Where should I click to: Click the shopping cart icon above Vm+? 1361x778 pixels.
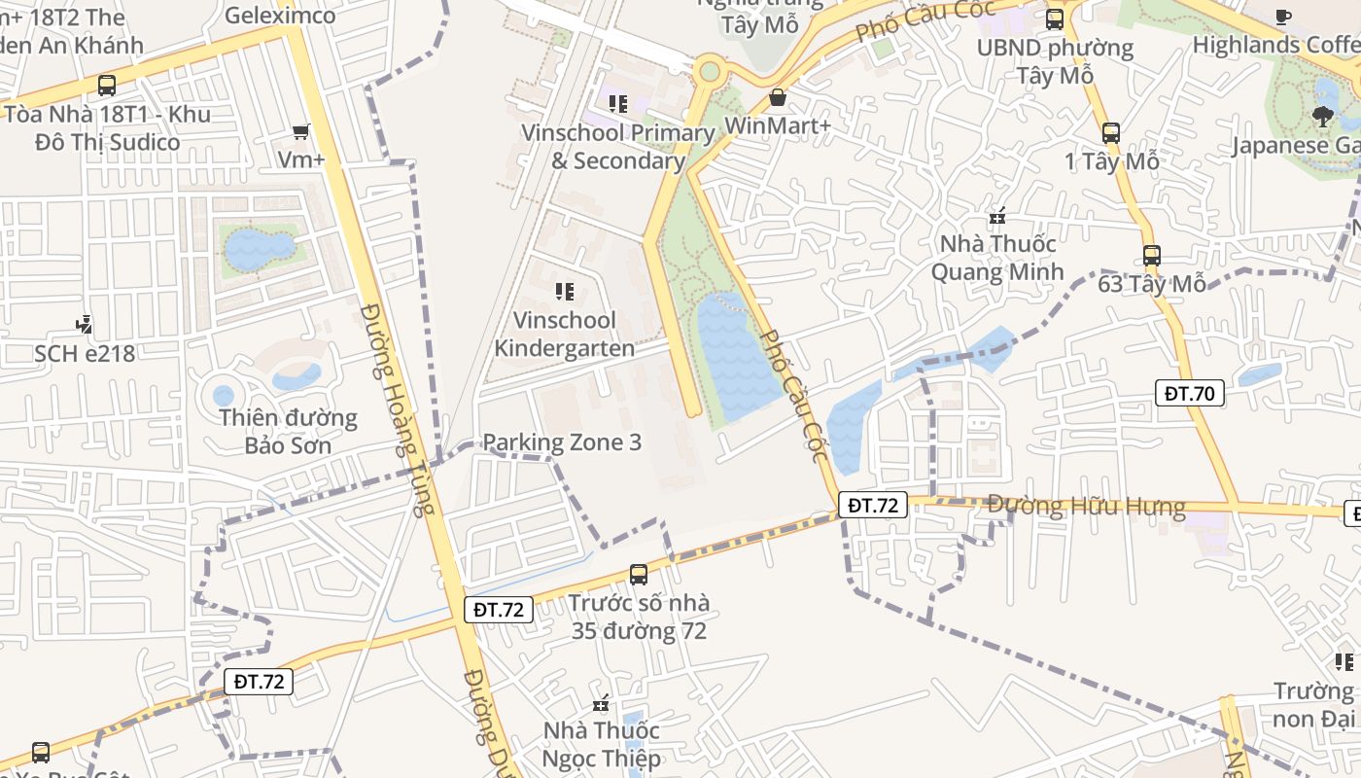(301, 131)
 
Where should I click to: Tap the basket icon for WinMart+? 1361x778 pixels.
(778, 97)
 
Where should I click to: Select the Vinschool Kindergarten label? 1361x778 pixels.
(565, 334)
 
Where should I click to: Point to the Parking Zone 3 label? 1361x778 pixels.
(562, 442)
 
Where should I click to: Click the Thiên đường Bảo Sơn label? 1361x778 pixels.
(288, 432)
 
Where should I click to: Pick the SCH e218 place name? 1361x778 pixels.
(85, 353)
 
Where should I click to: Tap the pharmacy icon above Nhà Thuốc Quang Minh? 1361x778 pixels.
(996, 216)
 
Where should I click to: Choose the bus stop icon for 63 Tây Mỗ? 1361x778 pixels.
(1152, 256)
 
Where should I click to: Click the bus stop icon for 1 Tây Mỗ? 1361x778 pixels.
(1111, 133)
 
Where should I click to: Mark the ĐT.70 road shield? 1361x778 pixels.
(1190, 393)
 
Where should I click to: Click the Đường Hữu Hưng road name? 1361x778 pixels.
(1086, 506)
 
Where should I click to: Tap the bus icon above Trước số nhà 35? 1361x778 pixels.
(639, 574)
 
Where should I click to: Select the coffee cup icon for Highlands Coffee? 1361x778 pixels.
(1283, 17)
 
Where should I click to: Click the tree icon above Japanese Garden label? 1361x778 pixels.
(1322, 117)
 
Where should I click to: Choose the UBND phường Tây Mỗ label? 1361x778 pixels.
(1055, 61)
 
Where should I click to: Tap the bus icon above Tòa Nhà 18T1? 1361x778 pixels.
(107, 86)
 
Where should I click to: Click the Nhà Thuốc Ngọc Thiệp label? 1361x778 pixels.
(602, 744)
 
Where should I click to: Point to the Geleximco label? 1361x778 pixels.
(280, 16)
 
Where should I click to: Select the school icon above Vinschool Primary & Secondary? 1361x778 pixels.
(618, 103)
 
